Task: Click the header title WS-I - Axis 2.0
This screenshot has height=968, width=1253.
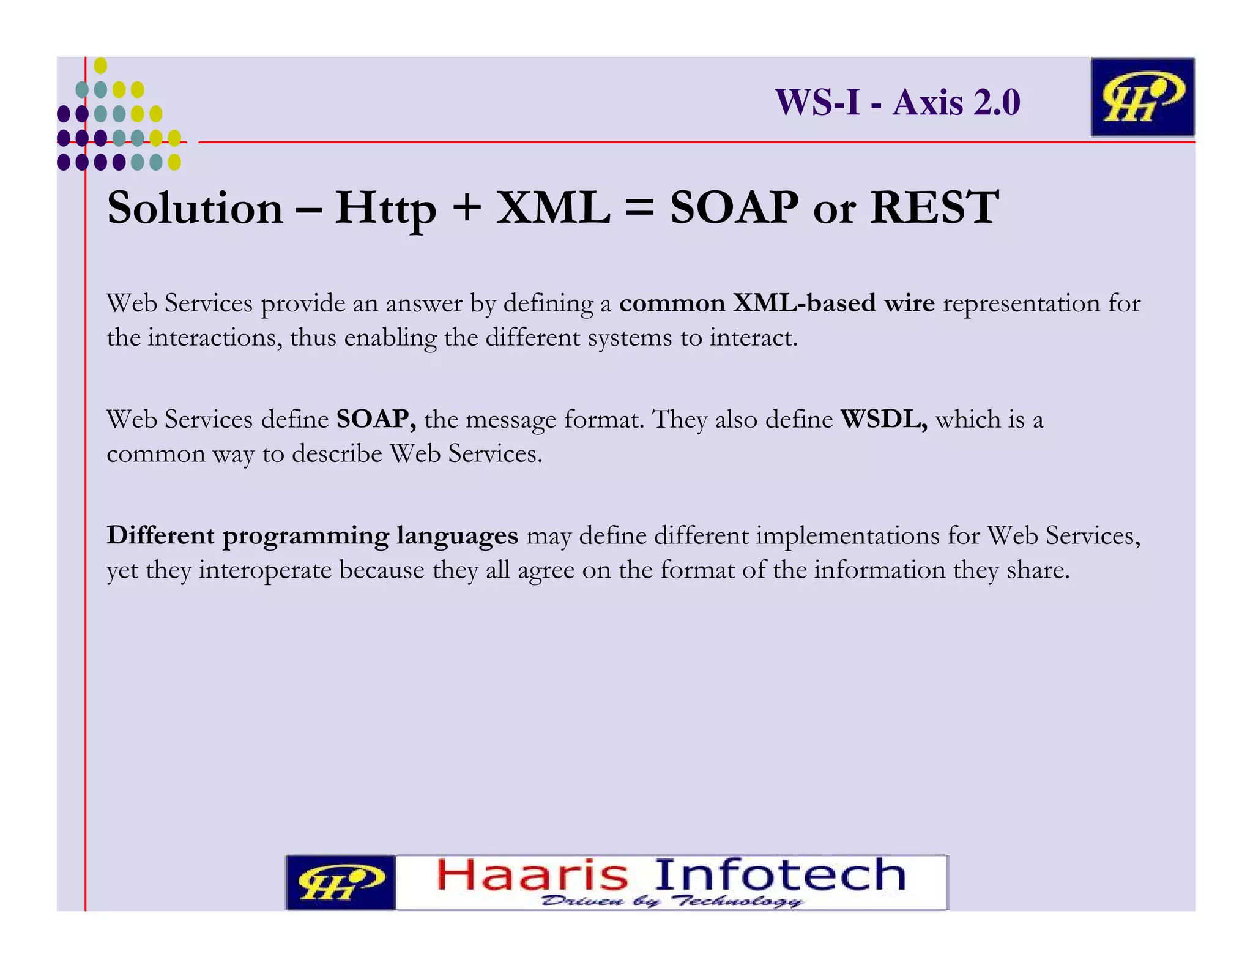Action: coord(898,102)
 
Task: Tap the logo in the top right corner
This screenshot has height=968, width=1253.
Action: coord(1142,97)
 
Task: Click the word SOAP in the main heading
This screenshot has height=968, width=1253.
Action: coord(734,208)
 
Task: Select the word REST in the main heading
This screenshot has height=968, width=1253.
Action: coord(934,208)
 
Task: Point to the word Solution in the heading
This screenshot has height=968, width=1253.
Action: coord(195,208)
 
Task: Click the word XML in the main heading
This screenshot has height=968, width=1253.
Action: coord(553,208)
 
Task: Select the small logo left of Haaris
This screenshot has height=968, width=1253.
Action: coord(340,882)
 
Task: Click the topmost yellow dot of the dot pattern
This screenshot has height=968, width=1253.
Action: coord(101,65)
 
